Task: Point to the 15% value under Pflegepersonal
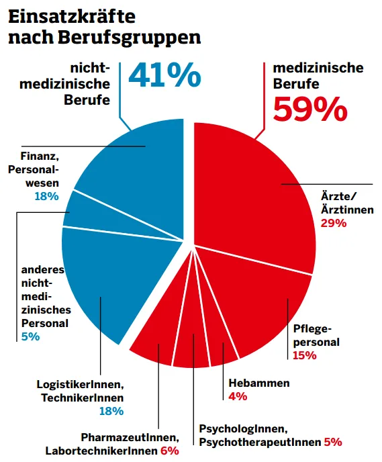point(304,355)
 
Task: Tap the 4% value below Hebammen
point(238,396)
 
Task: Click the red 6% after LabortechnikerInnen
point(169,451)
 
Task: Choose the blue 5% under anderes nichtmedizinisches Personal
point(30,336)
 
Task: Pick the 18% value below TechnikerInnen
point(111,411)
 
